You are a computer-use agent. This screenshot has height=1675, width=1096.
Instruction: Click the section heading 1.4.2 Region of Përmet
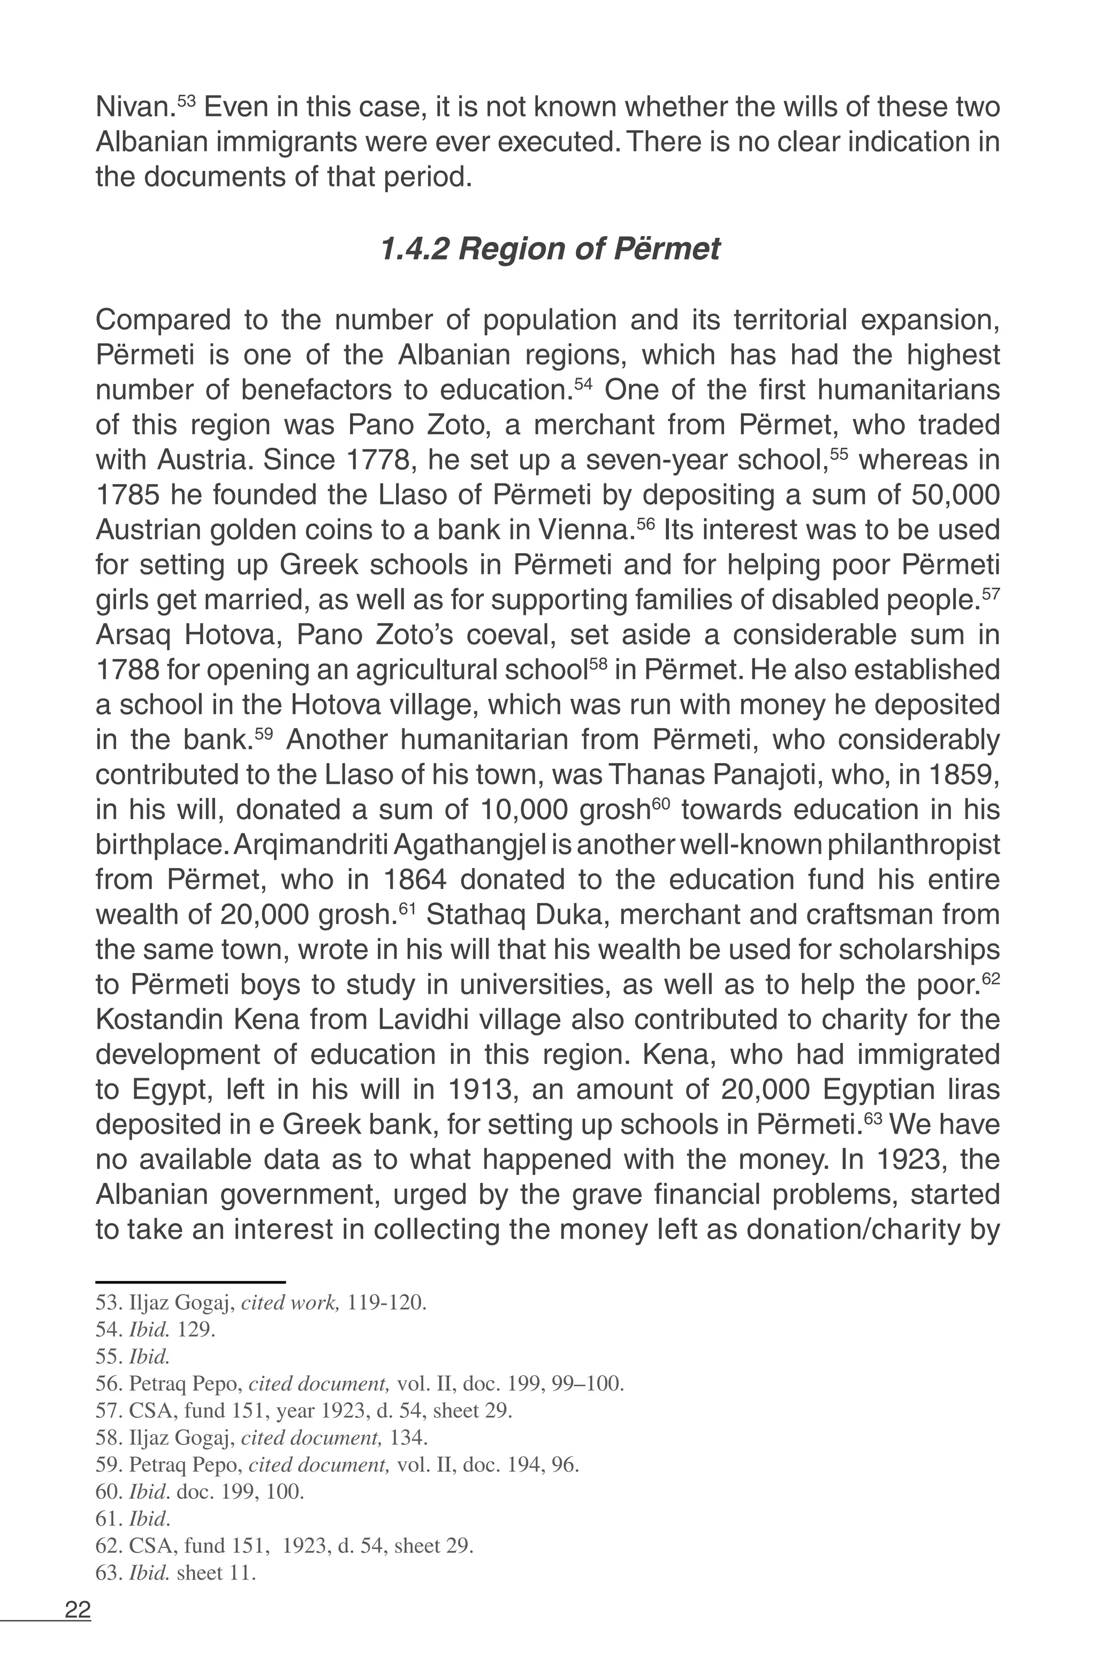550,249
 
